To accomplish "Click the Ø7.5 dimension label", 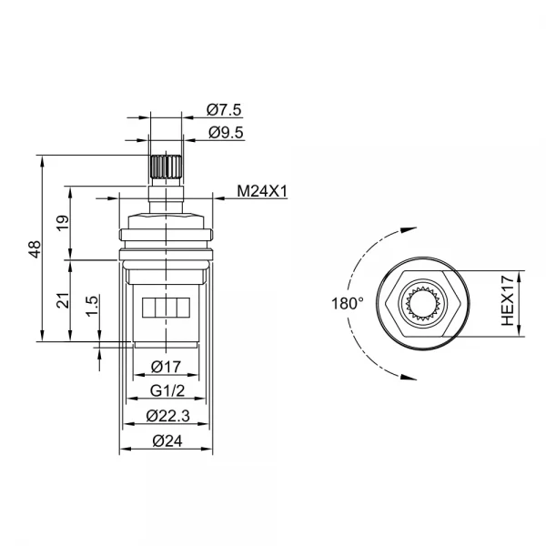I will (x=223, y=110).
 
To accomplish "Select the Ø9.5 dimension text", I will (x=223, y=133).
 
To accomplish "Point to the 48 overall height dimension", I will (x=34, y=248).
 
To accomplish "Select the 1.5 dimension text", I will (x=91, y=307).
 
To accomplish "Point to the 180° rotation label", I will (x=348, y=302).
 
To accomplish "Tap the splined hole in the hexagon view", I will (x=425, y=302).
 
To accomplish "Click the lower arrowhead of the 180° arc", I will (x=399, y=374).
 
